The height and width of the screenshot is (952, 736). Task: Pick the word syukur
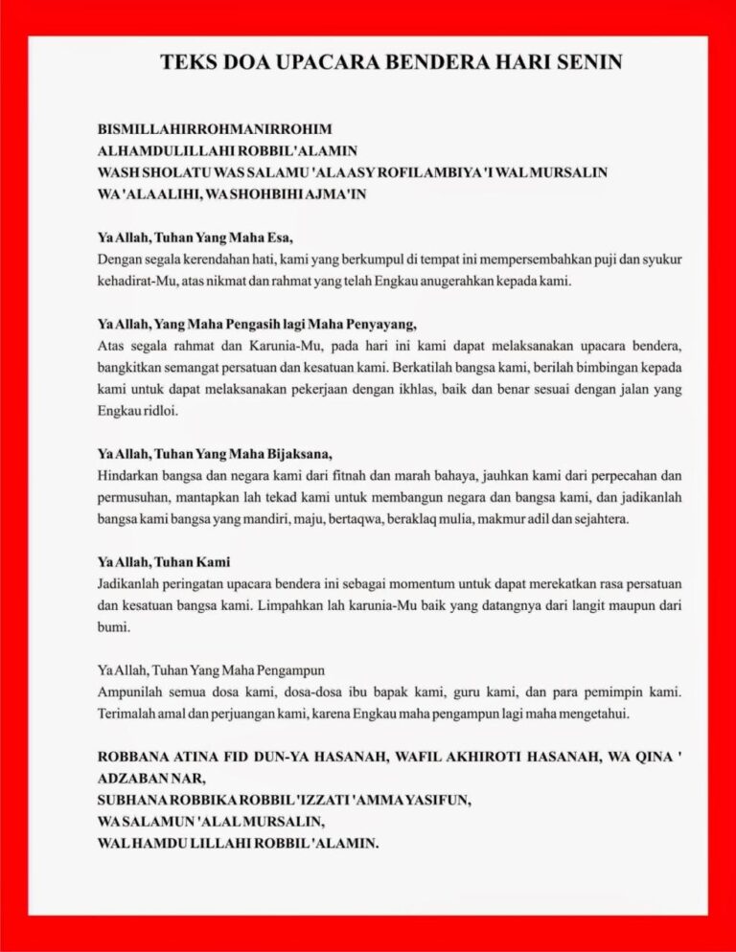pos(662,260)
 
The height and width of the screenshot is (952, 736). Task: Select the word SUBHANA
pos(133,800)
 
